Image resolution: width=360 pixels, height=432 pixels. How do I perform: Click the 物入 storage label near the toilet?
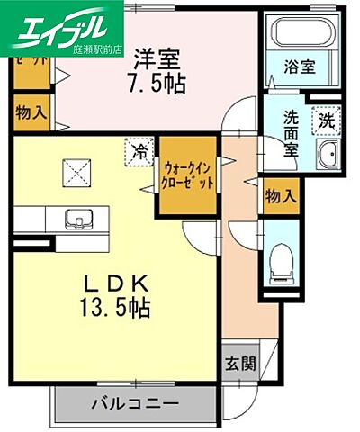point(279,194)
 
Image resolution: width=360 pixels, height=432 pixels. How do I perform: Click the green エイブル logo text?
point(65,22)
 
